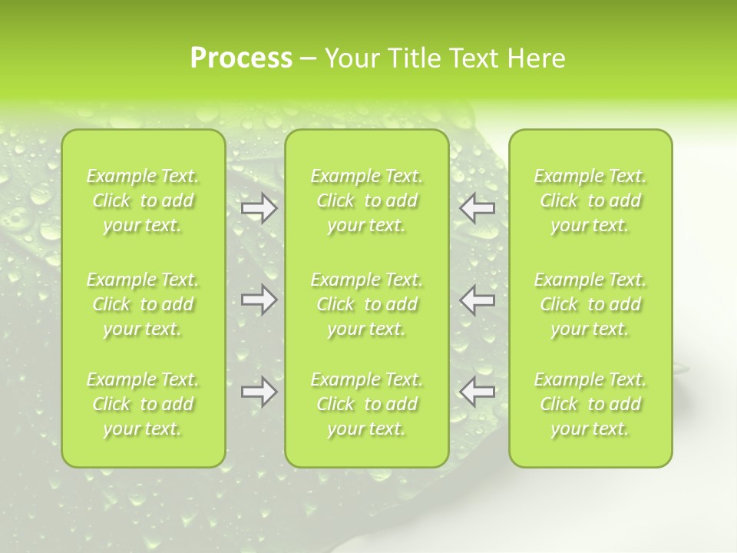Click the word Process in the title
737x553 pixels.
point(241,58)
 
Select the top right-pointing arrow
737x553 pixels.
point(259,208)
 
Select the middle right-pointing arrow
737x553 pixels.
point(259,300)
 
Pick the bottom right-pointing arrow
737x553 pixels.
point(259,392)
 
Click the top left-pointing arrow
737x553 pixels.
point(478,208)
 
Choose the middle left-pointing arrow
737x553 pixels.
point(478,300)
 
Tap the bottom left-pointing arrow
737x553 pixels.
point(478,392)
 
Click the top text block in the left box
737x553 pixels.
point(143,200)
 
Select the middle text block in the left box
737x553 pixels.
point(143,304)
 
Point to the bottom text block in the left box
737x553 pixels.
point(143,404)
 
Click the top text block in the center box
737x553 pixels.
point(367,200)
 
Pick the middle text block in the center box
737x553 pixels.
point(367,304)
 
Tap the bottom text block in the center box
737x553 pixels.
point(367,404)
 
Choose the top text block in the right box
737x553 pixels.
point(590,200)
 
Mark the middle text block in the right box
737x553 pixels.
point(590,304)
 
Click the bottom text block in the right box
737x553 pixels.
point(590,404)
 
